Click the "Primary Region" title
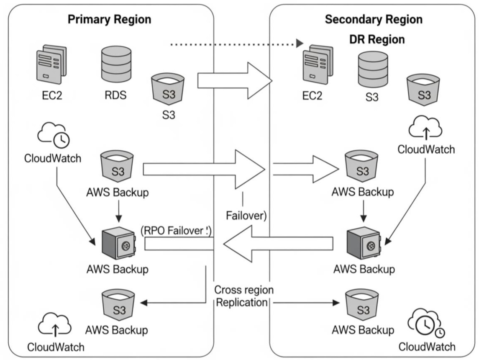click(x=109, y=19)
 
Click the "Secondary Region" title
click(x=373, y=19)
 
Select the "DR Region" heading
click(x=377, y=39)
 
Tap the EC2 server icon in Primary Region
click(x=51, y=65)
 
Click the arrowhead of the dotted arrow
click(x=299, y=43)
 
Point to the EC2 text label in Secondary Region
click(x=313, y=96)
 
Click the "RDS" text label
click(x=115, y=96)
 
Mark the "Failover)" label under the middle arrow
click(x=246, y=216)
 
